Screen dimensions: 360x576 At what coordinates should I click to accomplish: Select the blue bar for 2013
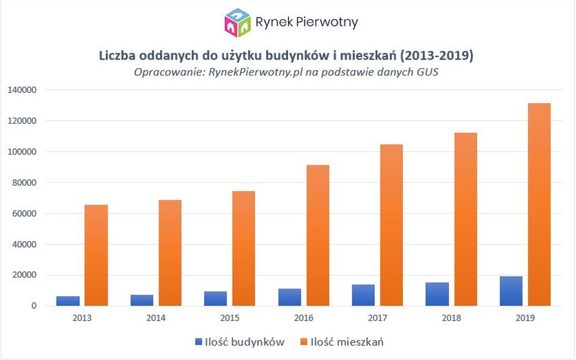click(x=68, y=301)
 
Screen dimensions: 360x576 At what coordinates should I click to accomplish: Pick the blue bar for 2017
click(x=363, y=295)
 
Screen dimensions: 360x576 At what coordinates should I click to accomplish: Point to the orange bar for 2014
click(x=170, y=253)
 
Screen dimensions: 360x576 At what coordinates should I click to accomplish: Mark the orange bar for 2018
click(x=465, y=219)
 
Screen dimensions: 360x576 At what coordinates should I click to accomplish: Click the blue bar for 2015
click(x=216, y=299)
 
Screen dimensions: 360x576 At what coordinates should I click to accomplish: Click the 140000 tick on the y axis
click(x=23, y=90)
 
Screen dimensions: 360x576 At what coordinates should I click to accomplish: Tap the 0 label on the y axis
click(x=35, y=306)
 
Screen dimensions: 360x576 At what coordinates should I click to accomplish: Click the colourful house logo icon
click(x=237, y=22)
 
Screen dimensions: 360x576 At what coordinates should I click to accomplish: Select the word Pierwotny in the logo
click(x=327, y=22)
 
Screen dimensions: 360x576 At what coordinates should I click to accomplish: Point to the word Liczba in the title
click(x=118, y=56)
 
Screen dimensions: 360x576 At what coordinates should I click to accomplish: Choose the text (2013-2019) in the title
click(x=437, y=56)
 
